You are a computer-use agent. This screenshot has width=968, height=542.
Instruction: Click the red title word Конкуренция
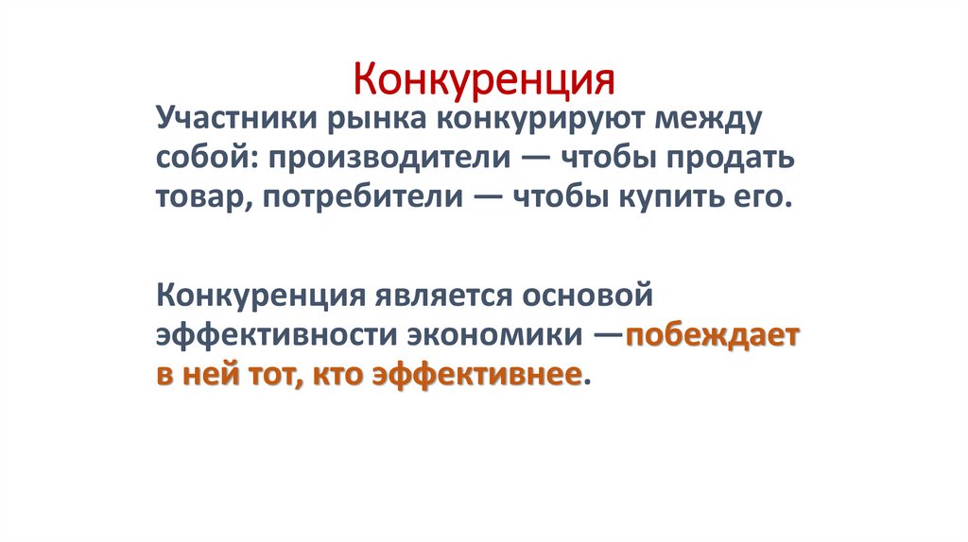coord(484,77)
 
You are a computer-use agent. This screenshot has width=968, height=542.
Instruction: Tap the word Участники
coord(233,120)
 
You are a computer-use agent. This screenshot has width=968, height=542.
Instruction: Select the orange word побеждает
coord(712,335)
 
